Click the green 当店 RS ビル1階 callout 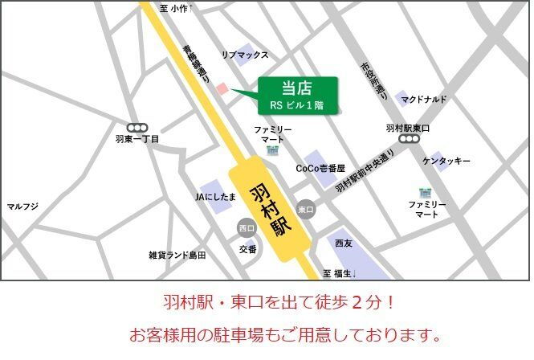(296, 95)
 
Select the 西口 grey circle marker (246, 229)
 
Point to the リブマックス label (245, 55)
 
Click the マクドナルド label (424, 99)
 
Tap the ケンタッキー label (446, 162)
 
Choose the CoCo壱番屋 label (320, 169)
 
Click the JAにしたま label (215, 196)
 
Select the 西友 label (344, 243)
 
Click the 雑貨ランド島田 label (177, 255)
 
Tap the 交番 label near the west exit (247, 249)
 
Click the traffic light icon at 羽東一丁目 (137, 127)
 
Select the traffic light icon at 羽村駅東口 (410, 139)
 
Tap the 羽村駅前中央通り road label (365, 172)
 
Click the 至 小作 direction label (174, 8)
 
